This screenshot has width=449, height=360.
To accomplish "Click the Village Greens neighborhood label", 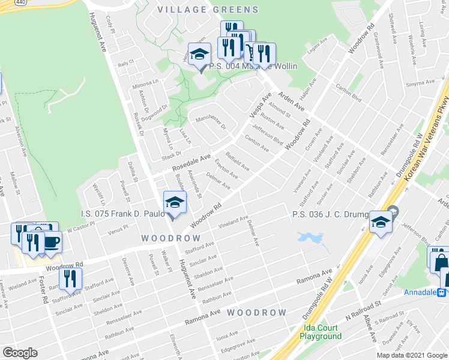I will pos(208,10).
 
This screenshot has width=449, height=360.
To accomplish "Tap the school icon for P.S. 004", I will pos(198,56).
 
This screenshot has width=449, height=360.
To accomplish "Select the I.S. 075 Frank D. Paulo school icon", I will pos(174,203).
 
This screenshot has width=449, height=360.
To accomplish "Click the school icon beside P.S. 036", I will pos(380,223).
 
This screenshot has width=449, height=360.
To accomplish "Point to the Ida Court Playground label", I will pos(320,332).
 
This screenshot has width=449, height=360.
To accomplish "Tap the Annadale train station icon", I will pos(442,292).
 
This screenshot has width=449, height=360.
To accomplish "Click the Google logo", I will pos(20,353).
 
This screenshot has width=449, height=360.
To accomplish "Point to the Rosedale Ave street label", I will pos(191,162).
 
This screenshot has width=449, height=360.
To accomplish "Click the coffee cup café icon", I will pos(52,241).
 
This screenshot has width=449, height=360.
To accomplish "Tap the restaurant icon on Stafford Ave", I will pos(70,278).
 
